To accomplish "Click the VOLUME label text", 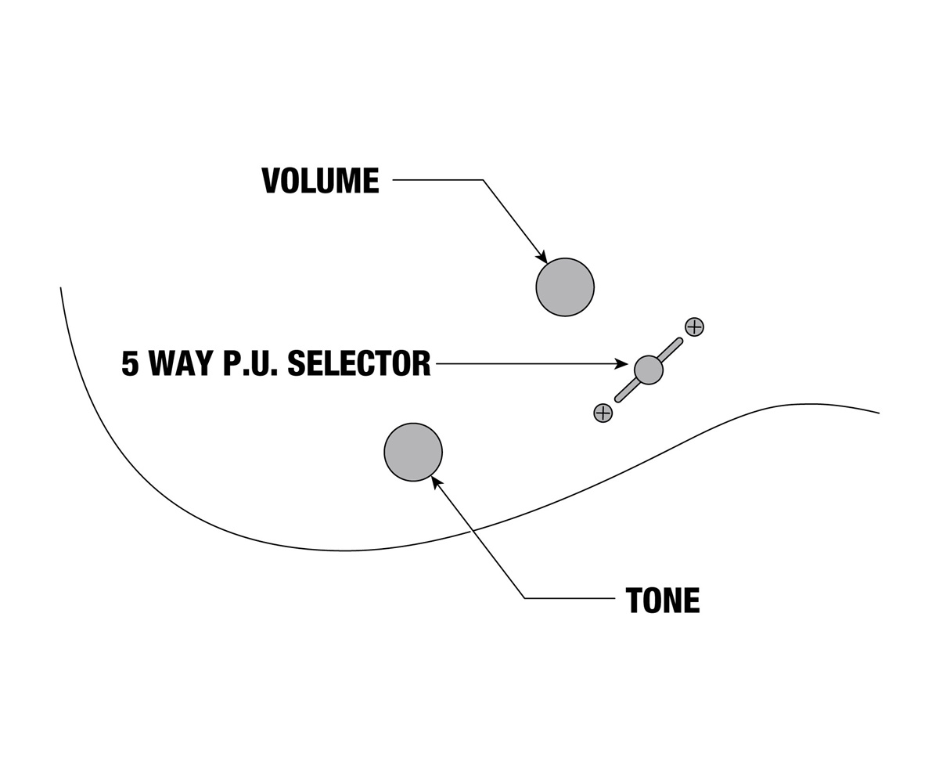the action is tap(320, 180).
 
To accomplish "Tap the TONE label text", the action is tap(663, 601).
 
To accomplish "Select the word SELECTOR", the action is tap(359, 363).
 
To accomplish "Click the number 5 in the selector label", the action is tap(130, 363).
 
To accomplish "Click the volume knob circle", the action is tap(565, 287).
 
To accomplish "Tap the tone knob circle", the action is tap(413, 452).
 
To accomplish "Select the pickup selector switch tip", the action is tap(649, 370).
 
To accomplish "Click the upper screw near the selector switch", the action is tap(694, 327).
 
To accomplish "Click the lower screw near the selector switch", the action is tap(603, 413).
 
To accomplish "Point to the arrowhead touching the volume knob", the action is tap(541, 257).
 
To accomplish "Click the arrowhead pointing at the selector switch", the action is tap(621, 363).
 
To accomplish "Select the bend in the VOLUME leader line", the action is tap(483, 180).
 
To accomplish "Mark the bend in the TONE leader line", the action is tap(525, 598).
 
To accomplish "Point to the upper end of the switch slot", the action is tap(679, 341).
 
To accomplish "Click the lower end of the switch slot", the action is tap(618, 399).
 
